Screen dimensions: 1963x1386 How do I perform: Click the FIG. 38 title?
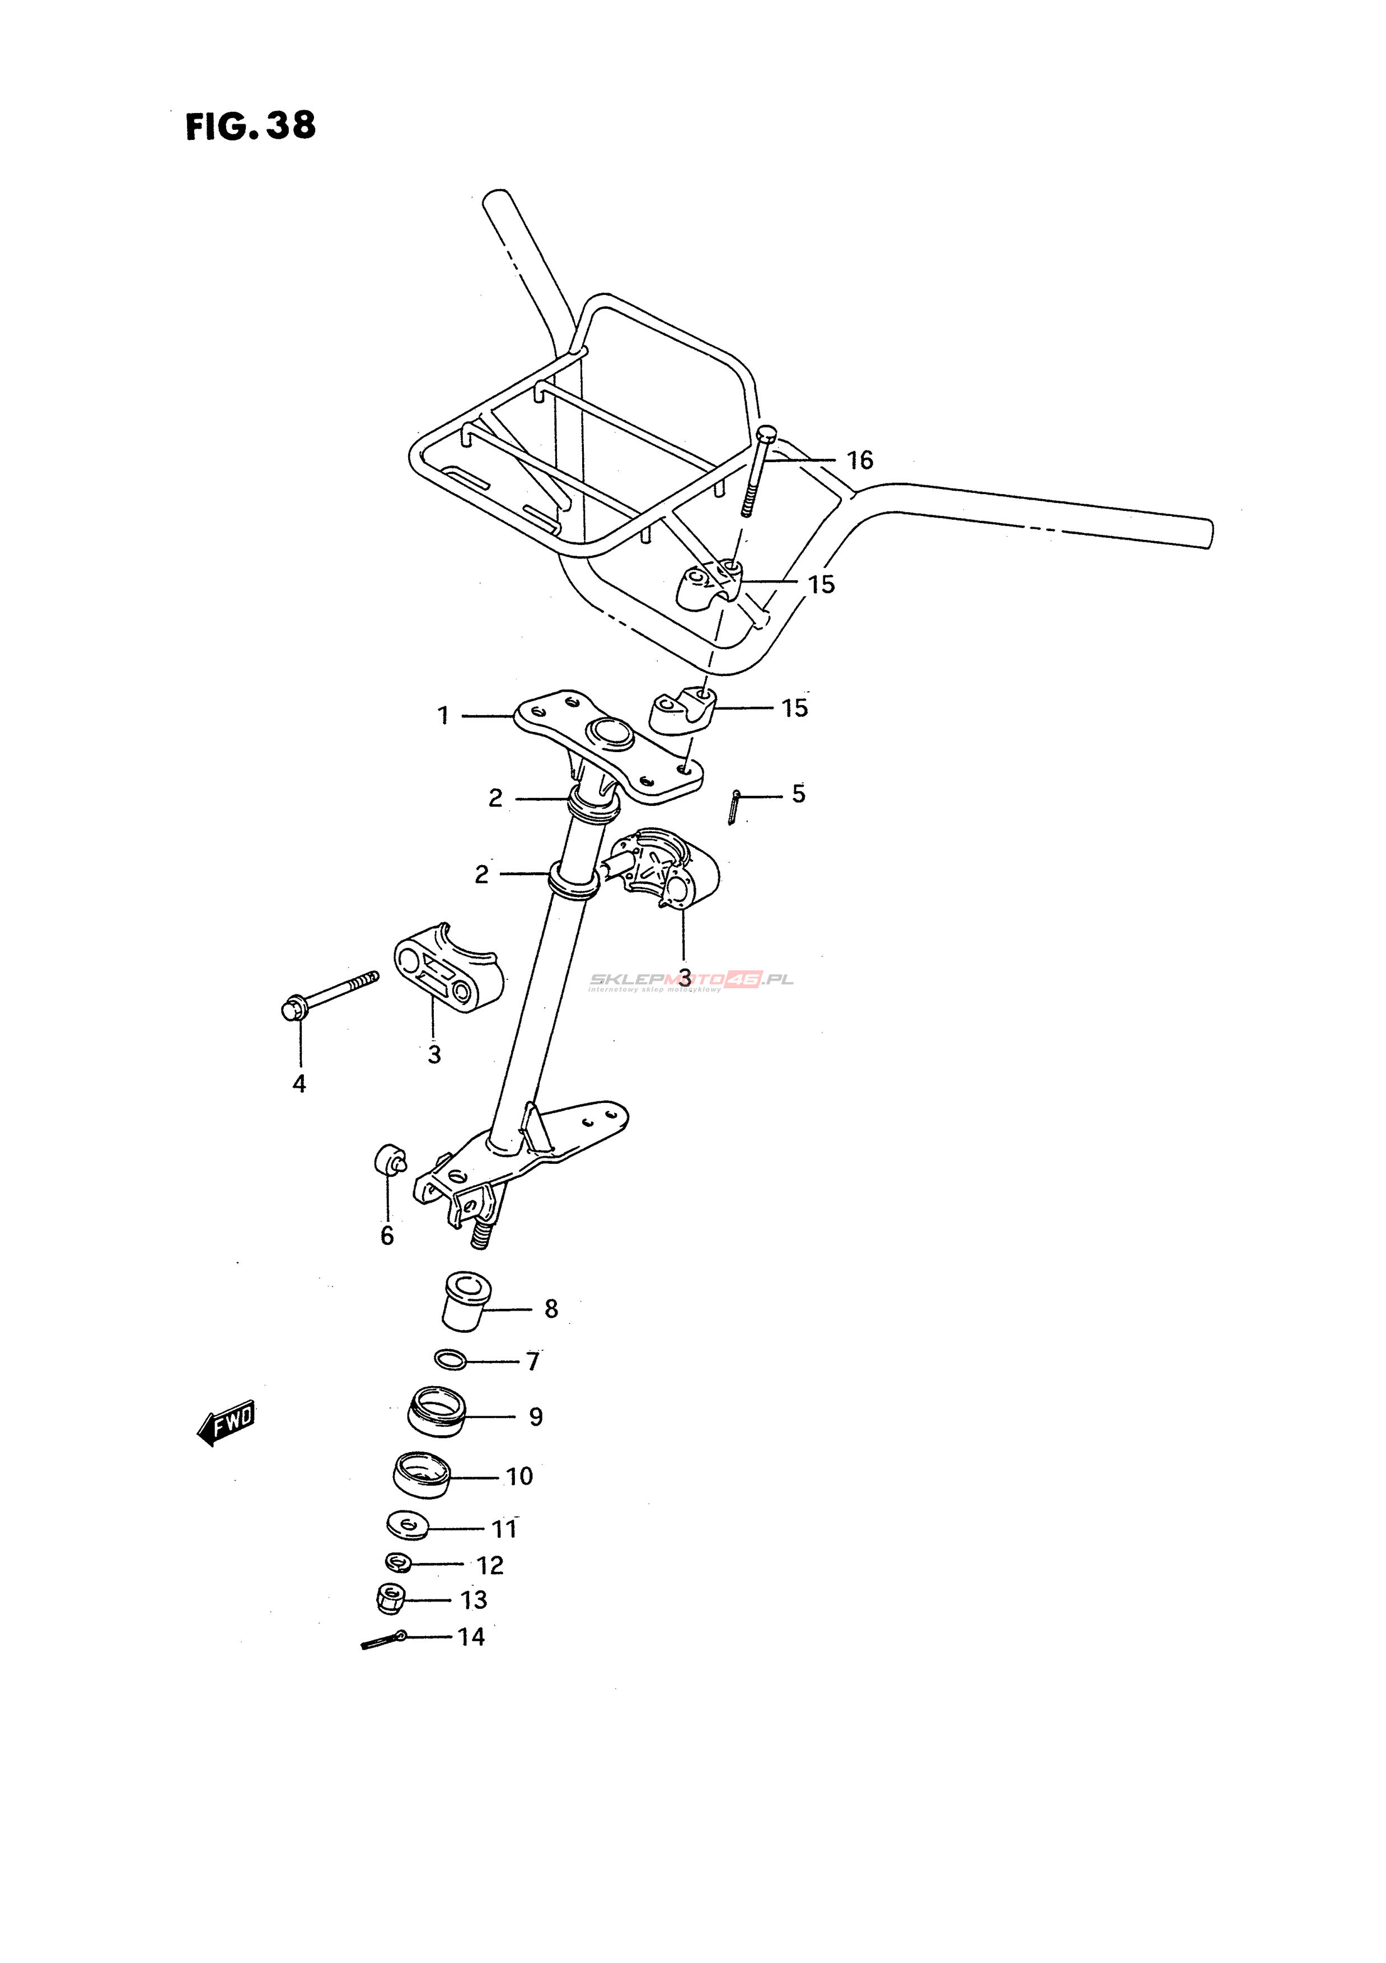pyautogui.click(x=251, y=126)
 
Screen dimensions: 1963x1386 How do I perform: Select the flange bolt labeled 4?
pyautogui.click(x=329, y=995)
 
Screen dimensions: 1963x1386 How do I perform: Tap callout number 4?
pyautogui.click(x=299, y=1084)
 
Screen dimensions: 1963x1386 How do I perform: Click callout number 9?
pyautogui.click(x=536, y=1417)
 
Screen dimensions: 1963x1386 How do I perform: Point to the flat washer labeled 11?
pyautogui.click(x=409, y=1524)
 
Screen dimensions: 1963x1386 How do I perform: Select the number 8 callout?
pyautogui.click(x=551, y=1309)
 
